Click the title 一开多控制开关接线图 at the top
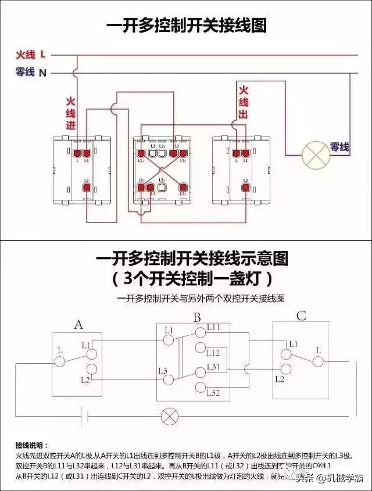[186, 27]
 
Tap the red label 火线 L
[30, 55]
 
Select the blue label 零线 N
[30, 73]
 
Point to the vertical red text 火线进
[71, 114]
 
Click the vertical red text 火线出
[243, 103]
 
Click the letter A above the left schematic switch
[78, 325]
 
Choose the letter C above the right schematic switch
[301, 316]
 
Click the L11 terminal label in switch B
[213, 328]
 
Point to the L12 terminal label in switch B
[213, 353]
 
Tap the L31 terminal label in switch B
[213, 366]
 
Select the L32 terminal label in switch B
[213, 393]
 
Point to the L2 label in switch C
[280, 379]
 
